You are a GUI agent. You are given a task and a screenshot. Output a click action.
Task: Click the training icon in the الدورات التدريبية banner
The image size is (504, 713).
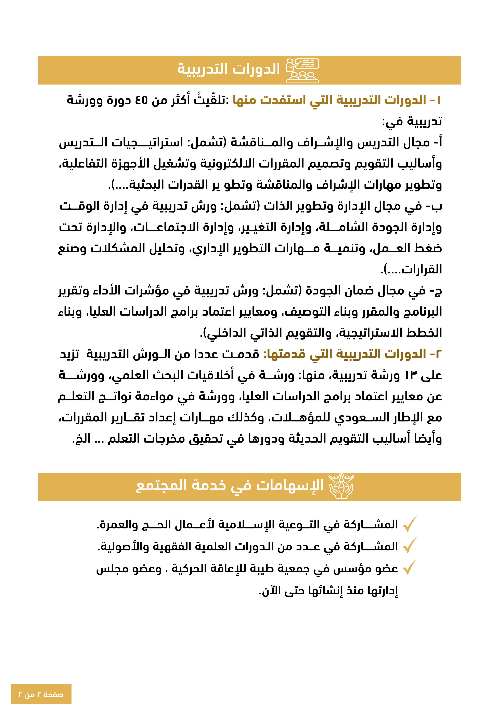(x=302, y=70)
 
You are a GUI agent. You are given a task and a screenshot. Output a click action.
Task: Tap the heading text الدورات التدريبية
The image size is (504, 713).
(x=229, y=69)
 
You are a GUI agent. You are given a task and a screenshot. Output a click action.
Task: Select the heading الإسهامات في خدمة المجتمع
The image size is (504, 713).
(x=230, y=486)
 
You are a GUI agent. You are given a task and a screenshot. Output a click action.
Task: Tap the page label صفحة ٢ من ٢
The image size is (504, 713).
(x=41, y=694)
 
